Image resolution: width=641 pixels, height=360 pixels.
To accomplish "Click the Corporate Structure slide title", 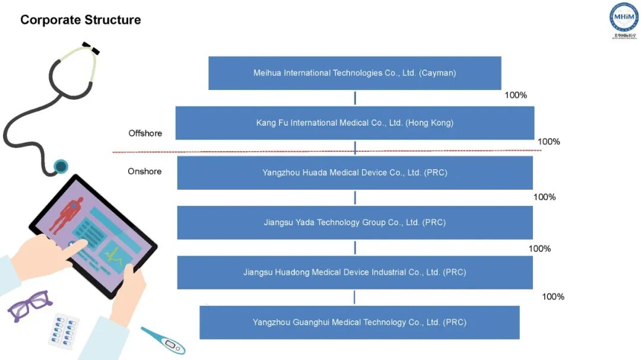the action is click(x=81, y=20).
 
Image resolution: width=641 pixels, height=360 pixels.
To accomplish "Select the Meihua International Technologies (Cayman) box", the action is click(x=354, y=73).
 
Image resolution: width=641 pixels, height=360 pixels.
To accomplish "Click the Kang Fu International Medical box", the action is click(x=354, y=123).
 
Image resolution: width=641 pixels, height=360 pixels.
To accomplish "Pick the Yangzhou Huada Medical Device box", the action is click(x=354, y=173).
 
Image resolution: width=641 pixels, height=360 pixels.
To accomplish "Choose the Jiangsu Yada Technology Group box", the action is click(x=354, y=222).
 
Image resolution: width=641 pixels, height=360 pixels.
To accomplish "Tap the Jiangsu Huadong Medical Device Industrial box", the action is click(x=354, y=272).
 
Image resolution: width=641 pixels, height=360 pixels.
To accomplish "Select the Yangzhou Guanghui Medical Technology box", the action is click(x=359, y=322).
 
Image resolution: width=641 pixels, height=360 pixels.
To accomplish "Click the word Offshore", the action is click(x=145, y=133).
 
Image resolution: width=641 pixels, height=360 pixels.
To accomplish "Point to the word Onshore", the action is click(x=145, y=171).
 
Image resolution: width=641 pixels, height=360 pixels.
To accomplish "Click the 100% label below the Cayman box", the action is click(x=516, y=95).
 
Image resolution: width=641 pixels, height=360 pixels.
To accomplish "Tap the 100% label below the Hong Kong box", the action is click(x=549, y=142).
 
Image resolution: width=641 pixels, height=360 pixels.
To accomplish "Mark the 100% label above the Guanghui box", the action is click(x=553, y=297).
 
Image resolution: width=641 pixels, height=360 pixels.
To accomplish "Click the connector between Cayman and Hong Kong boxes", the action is click(x=355, y=98).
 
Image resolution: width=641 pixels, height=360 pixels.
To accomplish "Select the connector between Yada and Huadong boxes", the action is click(x=355, y=247).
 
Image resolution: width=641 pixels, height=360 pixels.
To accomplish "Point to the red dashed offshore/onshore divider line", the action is click(x=237, y=152).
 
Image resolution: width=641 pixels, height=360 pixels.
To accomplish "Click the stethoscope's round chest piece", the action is click(x=61, y=166).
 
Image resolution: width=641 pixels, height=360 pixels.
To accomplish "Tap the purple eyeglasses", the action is click(x=29, y=305).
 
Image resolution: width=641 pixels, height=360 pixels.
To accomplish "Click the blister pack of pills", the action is click(x=64, y=331).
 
